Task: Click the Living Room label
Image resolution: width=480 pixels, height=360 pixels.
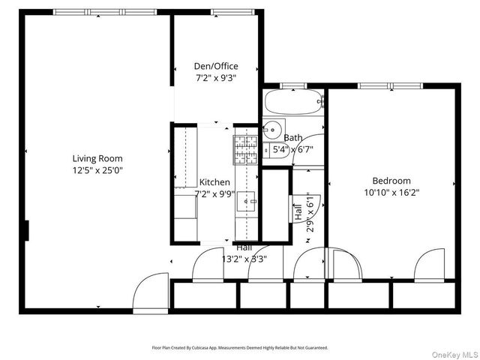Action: (97, 158)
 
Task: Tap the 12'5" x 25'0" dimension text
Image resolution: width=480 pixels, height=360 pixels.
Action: (97, 170)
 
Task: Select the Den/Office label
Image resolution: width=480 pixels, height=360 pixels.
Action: (217, 66)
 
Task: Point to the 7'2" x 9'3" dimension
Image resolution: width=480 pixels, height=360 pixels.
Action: (217, 77)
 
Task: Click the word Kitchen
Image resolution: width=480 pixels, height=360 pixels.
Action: (214, 182)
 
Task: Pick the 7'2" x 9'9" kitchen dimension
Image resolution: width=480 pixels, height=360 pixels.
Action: (214, 193)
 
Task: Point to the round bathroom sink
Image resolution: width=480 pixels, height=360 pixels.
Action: (274, 128)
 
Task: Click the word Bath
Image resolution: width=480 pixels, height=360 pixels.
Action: (293, 138)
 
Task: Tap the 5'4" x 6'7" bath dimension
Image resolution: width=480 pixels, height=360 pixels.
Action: (292, 149)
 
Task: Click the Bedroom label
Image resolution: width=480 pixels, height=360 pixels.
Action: (391, 181)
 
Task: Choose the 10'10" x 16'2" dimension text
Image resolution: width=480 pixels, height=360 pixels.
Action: (391, 192)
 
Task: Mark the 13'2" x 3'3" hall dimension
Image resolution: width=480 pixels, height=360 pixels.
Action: (244, 259)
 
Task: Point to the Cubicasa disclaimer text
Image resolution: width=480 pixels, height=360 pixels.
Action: (240, 348)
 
